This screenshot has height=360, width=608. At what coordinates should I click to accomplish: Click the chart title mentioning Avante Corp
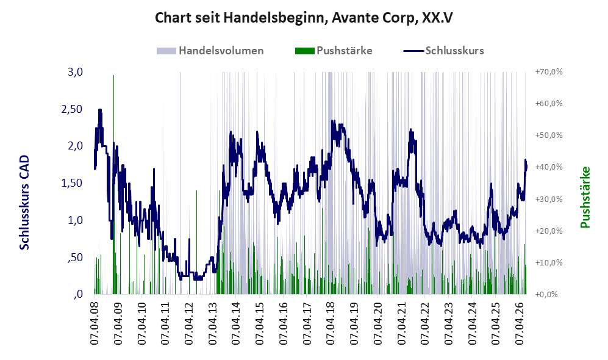(x=304, y=18)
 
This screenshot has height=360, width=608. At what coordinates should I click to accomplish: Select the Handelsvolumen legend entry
(x=210, y=51)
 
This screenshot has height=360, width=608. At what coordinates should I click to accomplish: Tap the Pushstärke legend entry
(x=334, y=51)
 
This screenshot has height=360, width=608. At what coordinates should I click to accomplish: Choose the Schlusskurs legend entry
(x=443, y=51)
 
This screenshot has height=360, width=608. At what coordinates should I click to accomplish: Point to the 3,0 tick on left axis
(x=75, y=72)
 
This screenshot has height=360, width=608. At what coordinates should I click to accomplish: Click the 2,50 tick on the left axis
(x=72, y=109)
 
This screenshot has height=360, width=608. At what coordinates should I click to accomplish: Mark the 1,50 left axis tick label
(x=72, y=183)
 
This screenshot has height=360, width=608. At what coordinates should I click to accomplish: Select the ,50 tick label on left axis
(x=75, y=257)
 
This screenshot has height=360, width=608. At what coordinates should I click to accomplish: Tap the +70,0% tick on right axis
(x=549, y=72)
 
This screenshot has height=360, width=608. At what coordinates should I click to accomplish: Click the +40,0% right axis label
(x=549, y=167)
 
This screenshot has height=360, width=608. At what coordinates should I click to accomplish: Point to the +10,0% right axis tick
(x=549, y=262)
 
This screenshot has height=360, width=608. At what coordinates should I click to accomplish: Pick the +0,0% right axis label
(x=547, y=294)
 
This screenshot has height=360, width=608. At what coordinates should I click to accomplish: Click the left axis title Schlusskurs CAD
(x=24, y=202)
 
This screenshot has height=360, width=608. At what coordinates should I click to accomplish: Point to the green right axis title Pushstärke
(x=585, y=197)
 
